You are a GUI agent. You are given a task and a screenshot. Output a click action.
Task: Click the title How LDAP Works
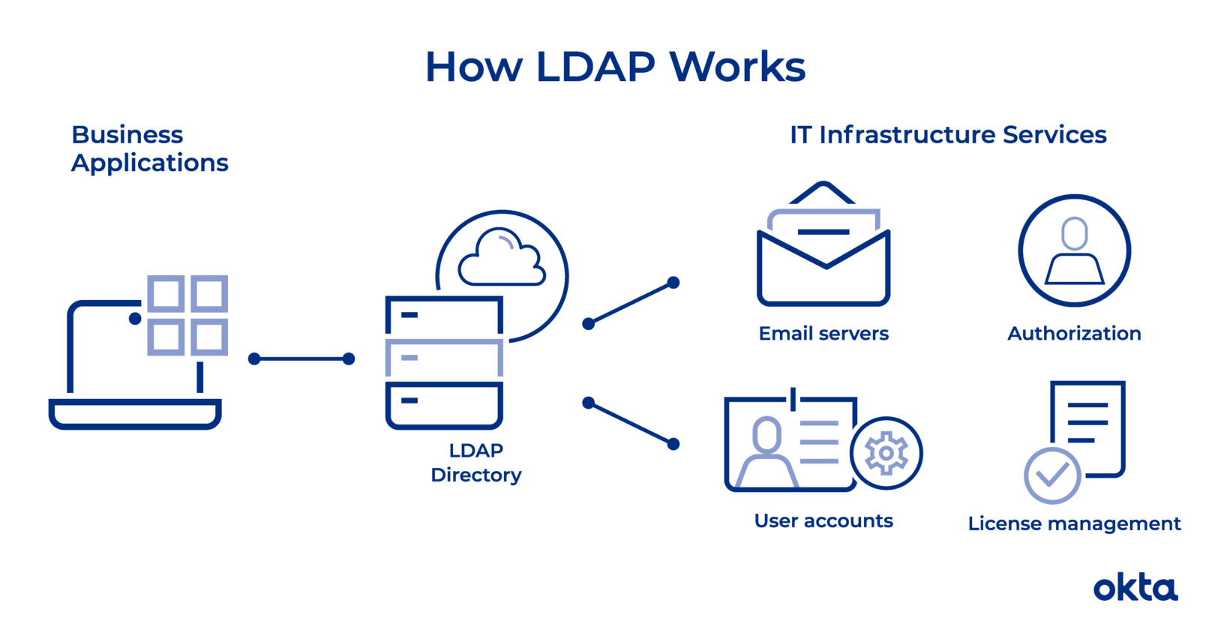click(x=615, y=67)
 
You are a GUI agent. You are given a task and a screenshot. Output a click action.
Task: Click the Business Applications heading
click(x=149, y=148)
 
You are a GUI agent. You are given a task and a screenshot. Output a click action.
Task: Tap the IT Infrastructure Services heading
click(x=948, y=135)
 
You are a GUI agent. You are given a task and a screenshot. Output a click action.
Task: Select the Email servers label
click(x=823, y=334)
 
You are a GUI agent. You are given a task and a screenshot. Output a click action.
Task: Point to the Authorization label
click(x=1074, y=334)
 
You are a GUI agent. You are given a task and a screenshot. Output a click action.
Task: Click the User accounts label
click(x=823, y=521)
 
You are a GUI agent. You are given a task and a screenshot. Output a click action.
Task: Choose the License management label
click(x=1074, y=523)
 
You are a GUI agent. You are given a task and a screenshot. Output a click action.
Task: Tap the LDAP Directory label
click(x=476, y=463)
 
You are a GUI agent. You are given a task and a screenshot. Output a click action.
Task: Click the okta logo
click(x=1135, y=589)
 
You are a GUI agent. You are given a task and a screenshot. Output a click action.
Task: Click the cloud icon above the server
click(x=502, y=259)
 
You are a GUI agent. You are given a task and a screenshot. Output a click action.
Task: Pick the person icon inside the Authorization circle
click(x=1074, y=251)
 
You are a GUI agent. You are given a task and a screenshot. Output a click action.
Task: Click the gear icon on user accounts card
click(x=886, y=453)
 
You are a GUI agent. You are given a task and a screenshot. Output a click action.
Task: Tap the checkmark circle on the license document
click(x=1052, y=475)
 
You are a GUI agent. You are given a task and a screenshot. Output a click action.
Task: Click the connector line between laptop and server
click(x=301, y=359)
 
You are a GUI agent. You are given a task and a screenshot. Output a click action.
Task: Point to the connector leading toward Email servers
click(x=631, y=303)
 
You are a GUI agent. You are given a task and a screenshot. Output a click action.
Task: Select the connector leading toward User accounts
click(x=631, y=424)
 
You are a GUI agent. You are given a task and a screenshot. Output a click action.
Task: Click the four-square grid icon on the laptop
click(x=187, y=315)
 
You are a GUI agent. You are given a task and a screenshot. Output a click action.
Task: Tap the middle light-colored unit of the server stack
click(x=444, y=358)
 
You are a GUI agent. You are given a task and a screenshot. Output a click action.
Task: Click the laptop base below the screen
click(x=135, y=413)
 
